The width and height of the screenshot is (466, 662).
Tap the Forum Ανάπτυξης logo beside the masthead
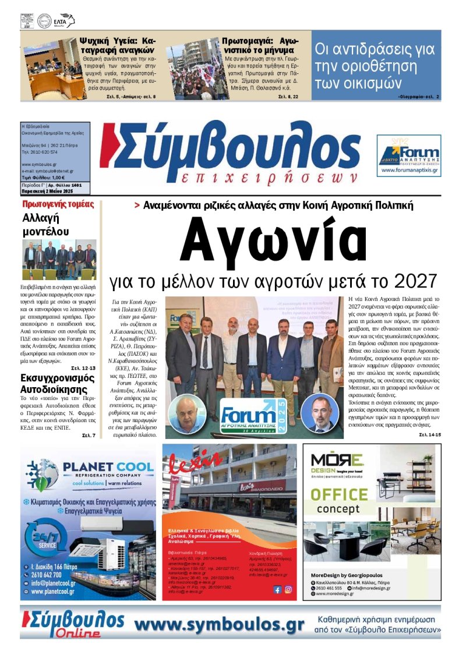tap(408, 155)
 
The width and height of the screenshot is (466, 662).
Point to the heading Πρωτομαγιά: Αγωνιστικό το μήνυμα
tap(260, 46)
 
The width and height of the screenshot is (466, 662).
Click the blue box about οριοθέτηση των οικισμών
tap(376, 65)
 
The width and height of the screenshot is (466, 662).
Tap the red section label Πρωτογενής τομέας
tap(58, 204)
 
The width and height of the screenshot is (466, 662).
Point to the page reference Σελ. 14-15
tap(430, 435)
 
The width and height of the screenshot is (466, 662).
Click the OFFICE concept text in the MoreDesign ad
tap(338, 502)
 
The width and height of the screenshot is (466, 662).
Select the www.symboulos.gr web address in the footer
tap(219, 624)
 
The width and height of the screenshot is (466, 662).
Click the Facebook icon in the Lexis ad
tap(277, 589)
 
